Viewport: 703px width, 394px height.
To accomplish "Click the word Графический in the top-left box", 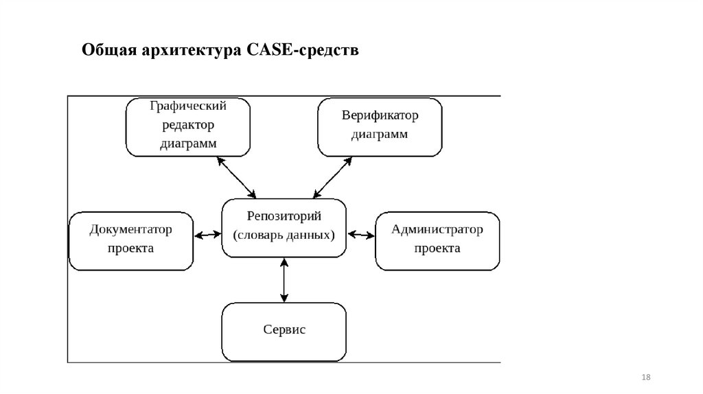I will tap(187, 106).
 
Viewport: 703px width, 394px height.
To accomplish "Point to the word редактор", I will tap(187, 125).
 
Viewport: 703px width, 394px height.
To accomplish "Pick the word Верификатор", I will tap(380, 115).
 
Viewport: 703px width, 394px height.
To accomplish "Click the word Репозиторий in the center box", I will tap(284, 216).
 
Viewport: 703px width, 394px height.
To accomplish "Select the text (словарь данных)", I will tap(284, 235).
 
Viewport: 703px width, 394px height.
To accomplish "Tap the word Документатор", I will tap(130, 229).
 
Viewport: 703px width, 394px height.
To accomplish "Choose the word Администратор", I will tap(437, 229).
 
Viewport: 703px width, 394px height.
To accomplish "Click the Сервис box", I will tap(284, 330).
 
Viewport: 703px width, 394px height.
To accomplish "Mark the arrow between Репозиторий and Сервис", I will tap(284, 280).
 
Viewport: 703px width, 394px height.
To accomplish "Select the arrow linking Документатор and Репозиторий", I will tap(207, 235).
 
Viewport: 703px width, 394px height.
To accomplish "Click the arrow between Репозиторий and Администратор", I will tap(361, 235).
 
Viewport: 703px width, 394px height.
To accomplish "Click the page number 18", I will tap(645, 378).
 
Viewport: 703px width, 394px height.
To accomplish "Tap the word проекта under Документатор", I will tap(130, 248).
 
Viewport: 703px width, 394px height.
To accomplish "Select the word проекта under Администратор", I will tap(437, 248).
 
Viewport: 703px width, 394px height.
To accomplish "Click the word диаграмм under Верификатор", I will tap(380, 134).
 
